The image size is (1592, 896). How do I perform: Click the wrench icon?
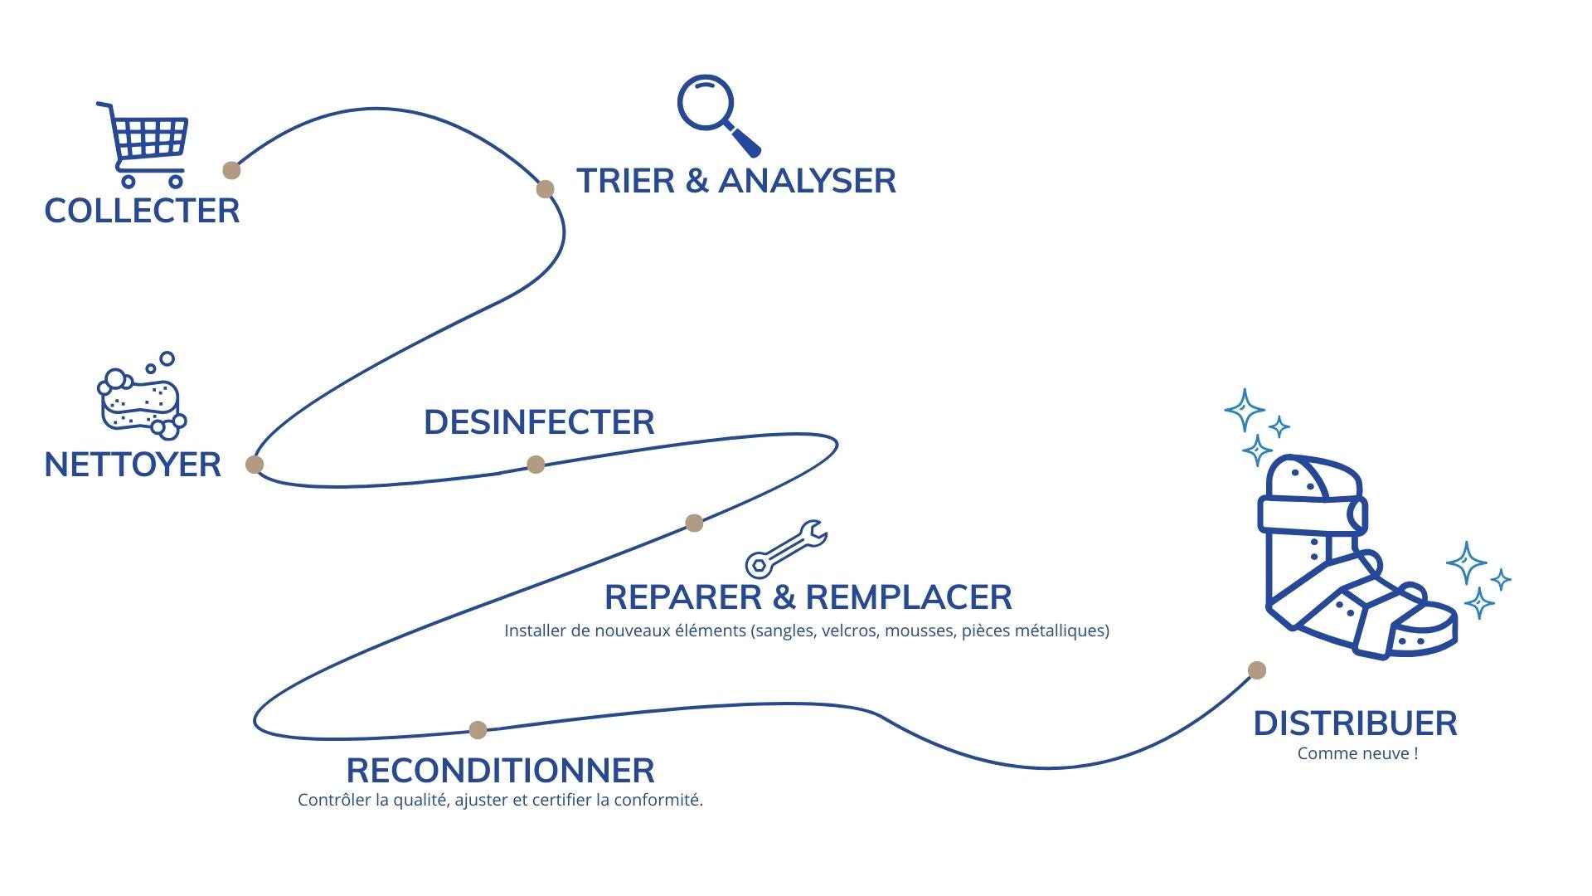[x=785, y=548]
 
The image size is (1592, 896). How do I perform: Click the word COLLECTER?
[x=142, y=211]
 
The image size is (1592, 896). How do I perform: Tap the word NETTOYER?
[x=133, y=465]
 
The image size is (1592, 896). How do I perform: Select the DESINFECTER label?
[x=539, y=422]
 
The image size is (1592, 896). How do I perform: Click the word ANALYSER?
[x=807, y=181]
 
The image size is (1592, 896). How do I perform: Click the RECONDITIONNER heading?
[x=500, y=771]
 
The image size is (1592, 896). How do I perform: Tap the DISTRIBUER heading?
[x=1355, y=723]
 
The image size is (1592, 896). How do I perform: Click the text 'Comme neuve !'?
[x=1357, y=753]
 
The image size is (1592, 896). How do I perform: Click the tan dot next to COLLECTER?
[x=231, y=170]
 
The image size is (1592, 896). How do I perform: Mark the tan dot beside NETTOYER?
[x=255, y=464]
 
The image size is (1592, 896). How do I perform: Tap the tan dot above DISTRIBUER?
[x=1257, y=670]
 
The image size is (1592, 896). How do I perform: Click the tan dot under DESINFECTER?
[x=536, y=464]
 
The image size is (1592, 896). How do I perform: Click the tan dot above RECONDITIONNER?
[x=478, y=730]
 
